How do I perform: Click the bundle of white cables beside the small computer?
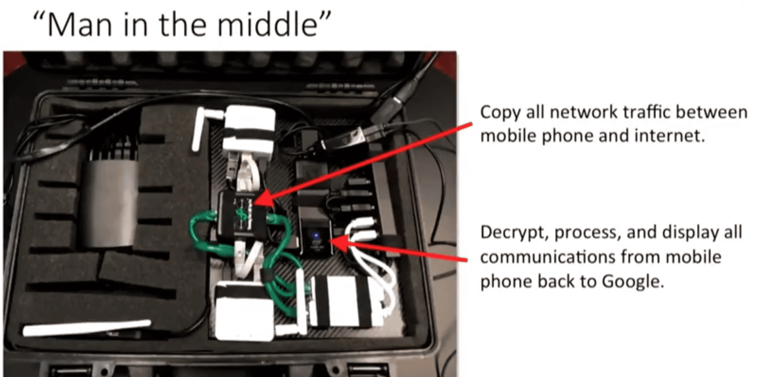tap(370, 262)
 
